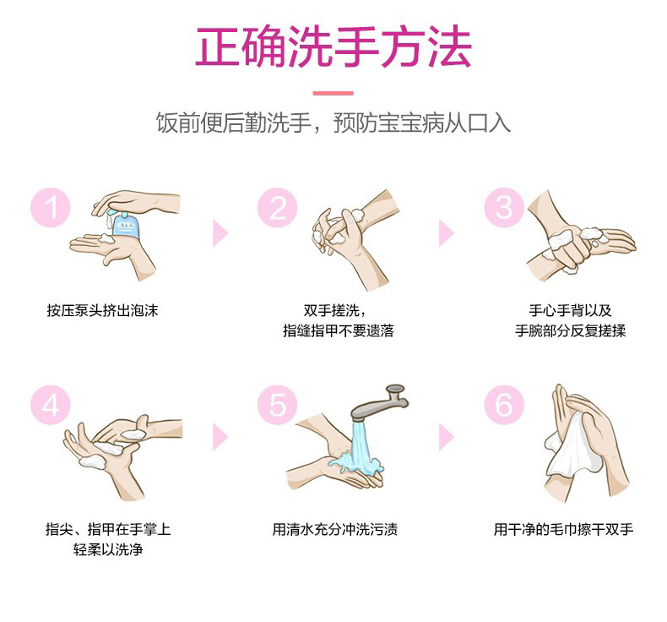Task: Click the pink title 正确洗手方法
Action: point(333,46)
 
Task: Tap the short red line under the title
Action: point(333,93)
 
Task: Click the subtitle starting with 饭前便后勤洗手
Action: point(333,123)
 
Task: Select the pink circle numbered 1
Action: point(50,207)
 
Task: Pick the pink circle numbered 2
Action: point(277,207)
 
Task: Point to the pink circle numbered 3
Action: point(504,207)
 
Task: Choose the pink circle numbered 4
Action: point(50,405)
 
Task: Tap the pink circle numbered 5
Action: point(277,405)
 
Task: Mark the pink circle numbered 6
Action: point(504,405)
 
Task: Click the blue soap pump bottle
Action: point(123,223)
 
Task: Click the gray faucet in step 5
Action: point(379,402)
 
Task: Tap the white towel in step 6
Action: point(572,447)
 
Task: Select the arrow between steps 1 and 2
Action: point(220,233)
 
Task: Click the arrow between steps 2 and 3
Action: point(447,233)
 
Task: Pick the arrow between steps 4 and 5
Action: point(220,437)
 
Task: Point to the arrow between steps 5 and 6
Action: point(447,437)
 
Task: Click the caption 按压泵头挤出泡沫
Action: point(102,310)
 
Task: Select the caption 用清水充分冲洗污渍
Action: point(335,529)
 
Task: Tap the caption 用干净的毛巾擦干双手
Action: point(563,529)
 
